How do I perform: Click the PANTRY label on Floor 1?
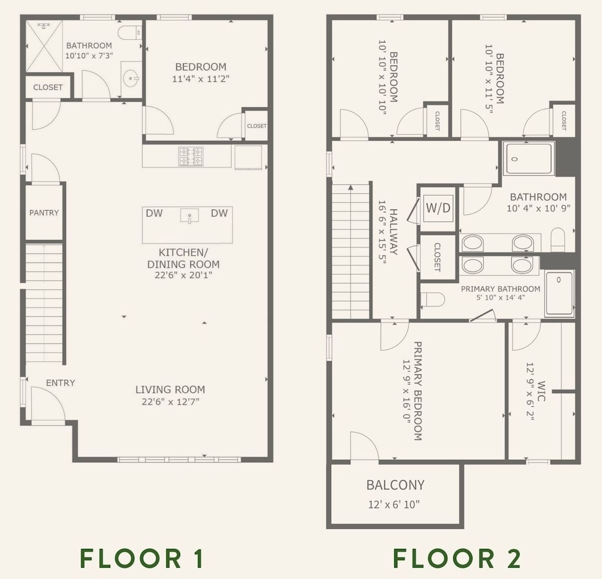coord(44,212)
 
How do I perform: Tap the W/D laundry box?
coord(438,208)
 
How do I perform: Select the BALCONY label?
coord(396,485)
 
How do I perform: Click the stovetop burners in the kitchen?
coord(191,156)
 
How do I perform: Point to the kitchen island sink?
coord(190,216)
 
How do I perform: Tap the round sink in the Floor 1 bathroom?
coord(131,79)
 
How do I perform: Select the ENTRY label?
coord(60,383)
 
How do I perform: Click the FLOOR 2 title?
coord(457,559)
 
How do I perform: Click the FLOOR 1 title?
coord(141,559)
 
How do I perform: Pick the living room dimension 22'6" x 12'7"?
coord(170,402)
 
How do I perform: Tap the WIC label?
coord(541,391)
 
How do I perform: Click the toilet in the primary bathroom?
coord(433,300)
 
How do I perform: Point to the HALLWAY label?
coord(393,232)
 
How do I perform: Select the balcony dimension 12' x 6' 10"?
coord(394,504)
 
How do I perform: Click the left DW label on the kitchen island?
coord(154,213)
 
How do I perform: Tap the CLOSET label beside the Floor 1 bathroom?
coord(48,87)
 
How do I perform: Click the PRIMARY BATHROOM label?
coord(501,289)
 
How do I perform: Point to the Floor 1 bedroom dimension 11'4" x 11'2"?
coord(201,79)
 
